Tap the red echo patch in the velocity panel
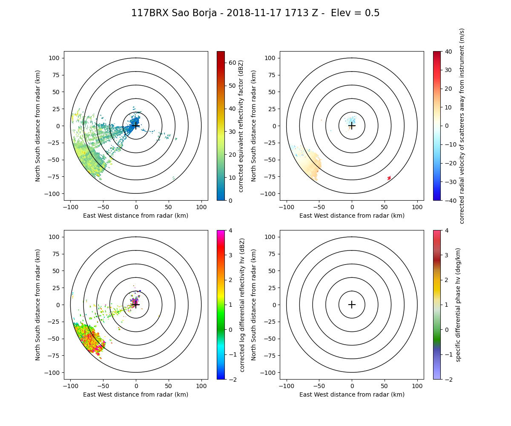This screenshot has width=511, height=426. tap(389, 178)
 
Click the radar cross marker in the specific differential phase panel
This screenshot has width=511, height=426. tap(352, 305)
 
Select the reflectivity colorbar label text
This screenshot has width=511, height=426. tap(241, 126)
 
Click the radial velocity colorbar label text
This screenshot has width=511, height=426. tap(462, 126)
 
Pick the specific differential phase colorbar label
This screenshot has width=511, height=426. tap(458, 305)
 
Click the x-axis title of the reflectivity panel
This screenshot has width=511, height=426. tap(136, 216)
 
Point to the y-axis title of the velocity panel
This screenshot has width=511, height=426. tap(254, 126)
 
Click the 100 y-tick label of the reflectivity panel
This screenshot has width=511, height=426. tap(56, 58)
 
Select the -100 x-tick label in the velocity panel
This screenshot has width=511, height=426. tap(287, 207)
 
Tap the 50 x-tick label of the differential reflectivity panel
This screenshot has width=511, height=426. tap(169, 386)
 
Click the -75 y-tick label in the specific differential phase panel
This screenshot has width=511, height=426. tap(271, 356)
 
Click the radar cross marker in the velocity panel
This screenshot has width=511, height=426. tap(352, 126)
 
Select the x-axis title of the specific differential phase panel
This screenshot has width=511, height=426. tap(352, 394)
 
